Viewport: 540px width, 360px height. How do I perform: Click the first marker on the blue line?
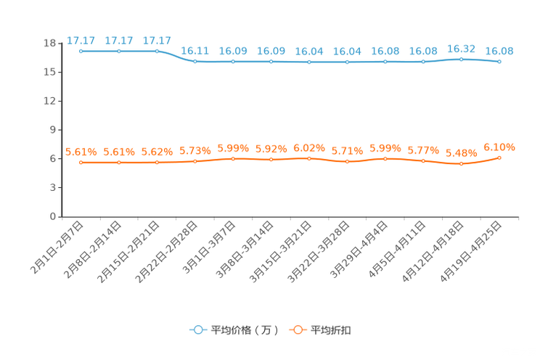tap(81, 51)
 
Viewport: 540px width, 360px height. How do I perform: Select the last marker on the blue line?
tap(499, 62)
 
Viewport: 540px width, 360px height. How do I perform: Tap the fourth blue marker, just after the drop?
tap(195, 61)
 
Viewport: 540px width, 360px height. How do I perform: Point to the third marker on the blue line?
tap(157, 51)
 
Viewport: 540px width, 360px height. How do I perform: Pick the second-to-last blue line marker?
tap(461, 59)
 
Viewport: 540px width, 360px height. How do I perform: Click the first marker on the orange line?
tap(81, 163)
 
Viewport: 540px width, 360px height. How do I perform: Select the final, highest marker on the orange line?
tap(499, 157)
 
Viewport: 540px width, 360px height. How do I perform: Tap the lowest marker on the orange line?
tap(461, 164)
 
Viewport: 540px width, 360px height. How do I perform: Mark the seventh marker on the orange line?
tap(309, 157)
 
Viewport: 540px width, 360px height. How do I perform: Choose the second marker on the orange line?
tap(118, 163)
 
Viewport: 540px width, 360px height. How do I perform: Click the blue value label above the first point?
tap(81, 41)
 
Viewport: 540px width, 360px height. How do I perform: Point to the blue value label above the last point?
tap(499, 51)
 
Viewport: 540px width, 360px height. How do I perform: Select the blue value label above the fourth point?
tap(195, 51)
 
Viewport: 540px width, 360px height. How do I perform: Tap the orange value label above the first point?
tap(81, 152)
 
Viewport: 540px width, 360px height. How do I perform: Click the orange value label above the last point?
tap(499, 147)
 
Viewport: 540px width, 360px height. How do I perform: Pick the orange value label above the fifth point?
tap(233, 148)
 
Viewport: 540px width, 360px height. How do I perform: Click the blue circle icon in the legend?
tap(197, 330)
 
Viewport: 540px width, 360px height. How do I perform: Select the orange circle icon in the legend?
tap(296, 330)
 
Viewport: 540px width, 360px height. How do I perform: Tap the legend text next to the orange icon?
tap(331, 330)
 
